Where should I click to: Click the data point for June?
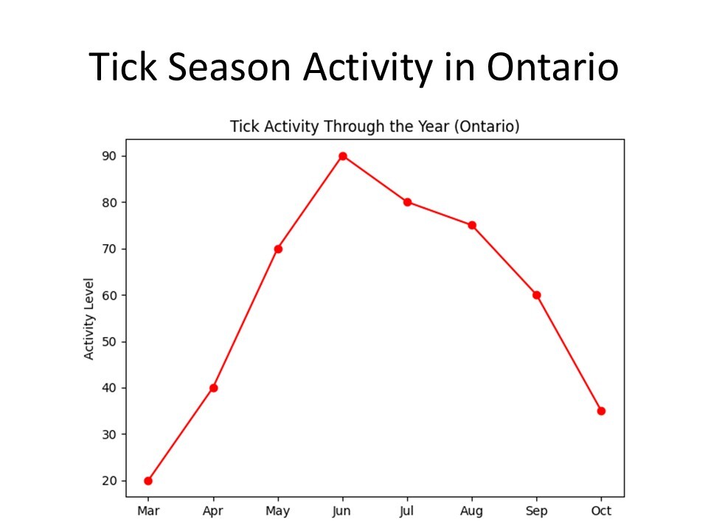coord(342,156)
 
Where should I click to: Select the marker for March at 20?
coord(148,481)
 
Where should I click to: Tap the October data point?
coord(601,411)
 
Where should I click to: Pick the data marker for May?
coord(278,249)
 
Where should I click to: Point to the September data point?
coord(537,295)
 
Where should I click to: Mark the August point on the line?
coord(472,225)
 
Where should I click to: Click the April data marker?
coord(213,388)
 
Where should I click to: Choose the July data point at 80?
coord(407,202)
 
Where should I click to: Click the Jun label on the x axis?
coord(342,510)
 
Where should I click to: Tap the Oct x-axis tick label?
coord(601,510)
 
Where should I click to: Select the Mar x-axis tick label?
coord(148,510)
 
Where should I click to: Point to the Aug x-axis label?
coord(472,510)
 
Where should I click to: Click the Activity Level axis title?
coord(89,319)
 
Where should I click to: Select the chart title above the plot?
coord(375,126)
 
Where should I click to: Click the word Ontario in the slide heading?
coord(552,68)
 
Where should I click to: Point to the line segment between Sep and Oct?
coord(569,353)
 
